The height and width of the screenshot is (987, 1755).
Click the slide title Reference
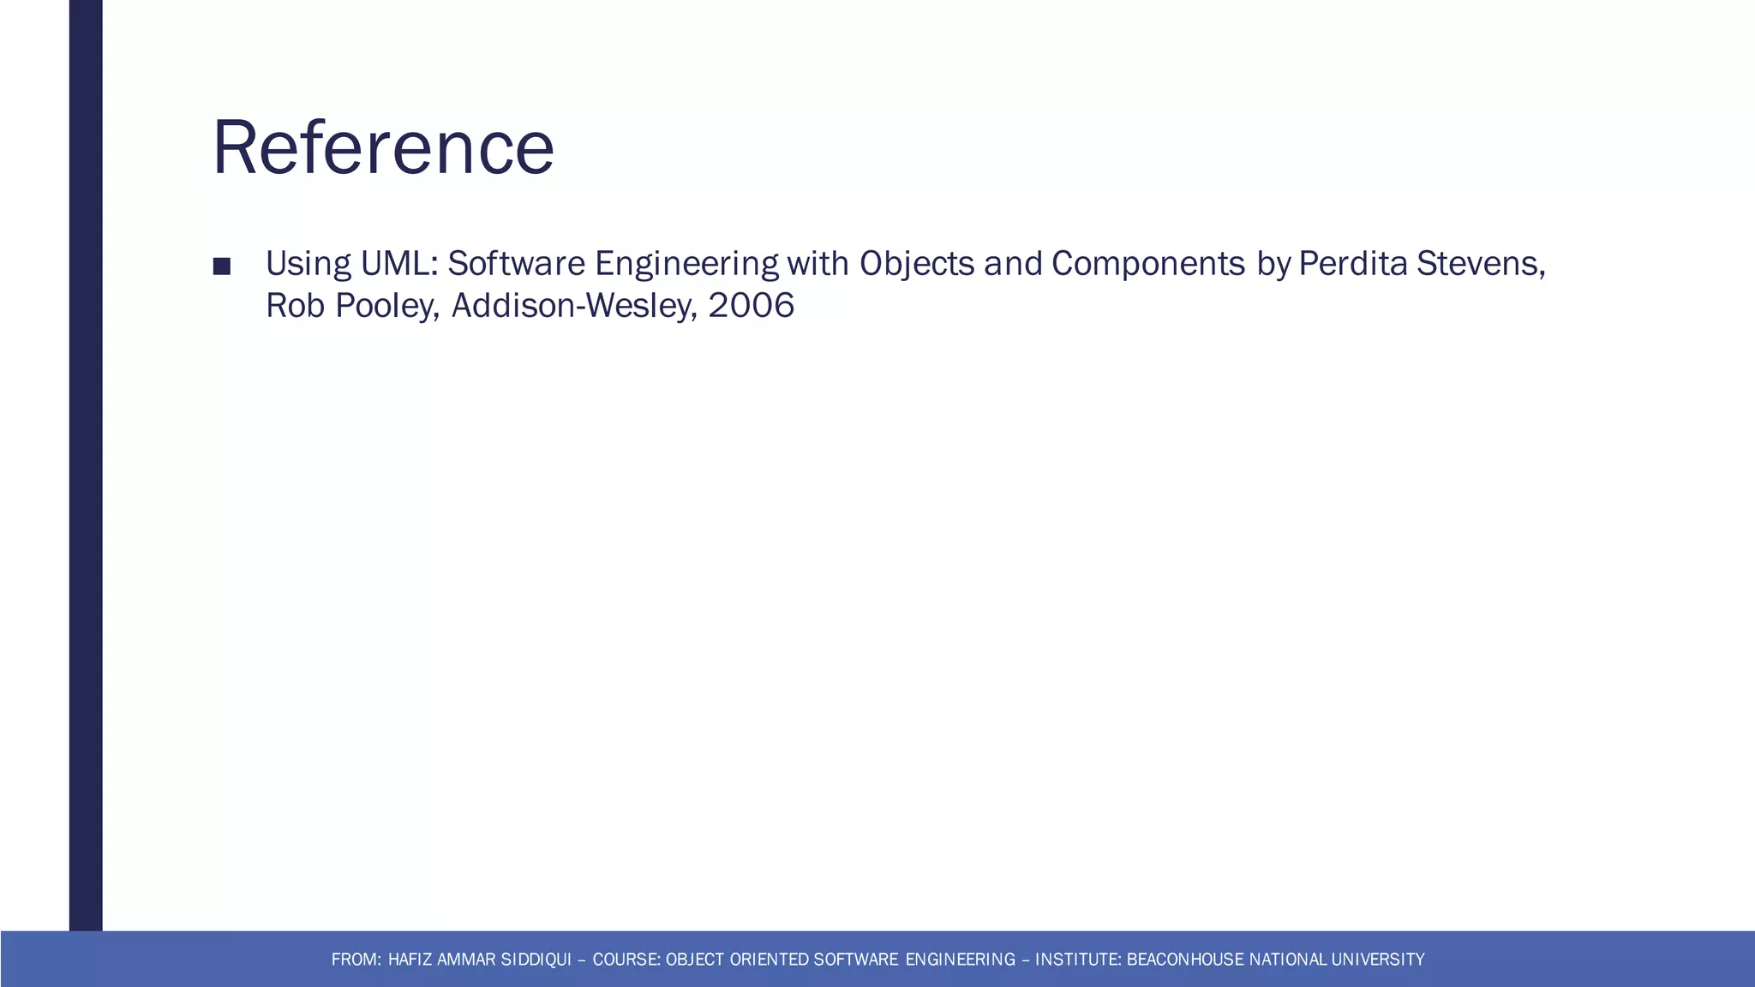click(x=383, y=147)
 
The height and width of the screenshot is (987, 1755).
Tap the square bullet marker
click(x=221, y=266)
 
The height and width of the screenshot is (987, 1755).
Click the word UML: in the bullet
click(x=399, y=263)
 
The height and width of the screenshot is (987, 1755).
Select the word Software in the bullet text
click(x=516, y=263)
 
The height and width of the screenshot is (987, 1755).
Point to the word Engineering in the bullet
click(x=686, y=265)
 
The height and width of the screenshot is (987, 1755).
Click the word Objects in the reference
click(x=917, y=265)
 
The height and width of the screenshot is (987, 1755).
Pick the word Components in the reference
click(x=1148, y=265)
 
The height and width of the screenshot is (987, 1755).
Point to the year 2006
click(x=752, y=306)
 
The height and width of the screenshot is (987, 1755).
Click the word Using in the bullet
click(x=308, y=265)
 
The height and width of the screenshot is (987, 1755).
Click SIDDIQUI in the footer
click(x=536, y=960)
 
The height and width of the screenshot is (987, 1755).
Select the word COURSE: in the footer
click(x=626, y=960)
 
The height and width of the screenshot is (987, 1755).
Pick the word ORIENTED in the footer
click(x=769, y=960)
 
